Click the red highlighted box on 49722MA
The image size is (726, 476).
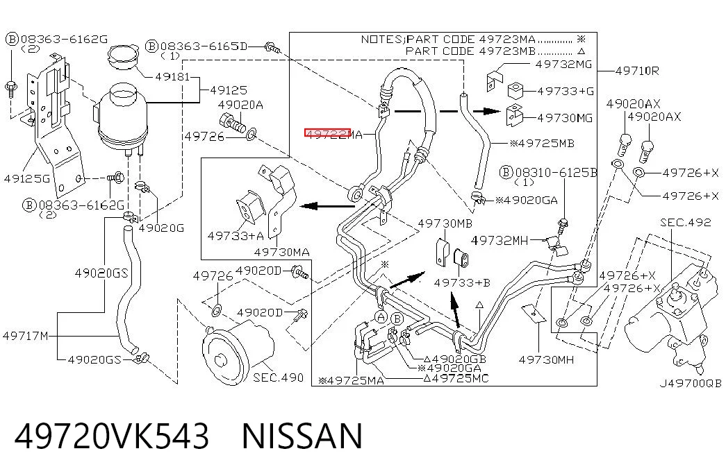(x=327, y=133)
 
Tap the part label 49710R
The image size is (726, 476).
(x=637, y=71)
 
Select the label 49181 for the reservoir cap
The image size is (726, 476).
(x=172, y=77)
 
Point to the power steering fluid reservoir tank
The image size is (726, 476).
(x=123, y=115)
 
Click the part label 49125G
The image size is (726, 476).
(x=27, y=178)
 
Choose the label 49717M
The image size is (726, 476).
(x=26, y=336)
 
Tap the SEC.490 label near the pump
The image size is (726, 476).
(x=279, y=377)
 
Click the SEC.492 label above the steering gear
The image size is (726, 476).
(x=685, y=223)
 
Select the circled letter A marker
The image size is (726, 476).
(x=381, y=317)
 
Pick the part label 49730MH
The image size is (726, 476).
(x=546, y=359)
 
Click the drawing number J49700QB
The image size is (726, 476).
(x=691, y=384)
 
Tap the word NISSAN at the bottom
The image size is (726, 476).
(x=302, y=436)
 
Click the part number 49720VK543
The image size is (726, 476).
(x=112, y=436)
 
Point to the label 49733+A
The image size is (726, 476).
(x=236, y=236)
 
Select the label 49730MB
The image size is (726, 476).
(x=445, y=223)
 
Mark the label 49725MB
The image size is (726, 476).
(x=542, y=144)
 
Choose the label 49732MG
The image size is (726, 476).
(x=563, y=65)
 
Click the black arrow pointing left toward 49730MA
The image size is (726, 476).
(x=327, y=206)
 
